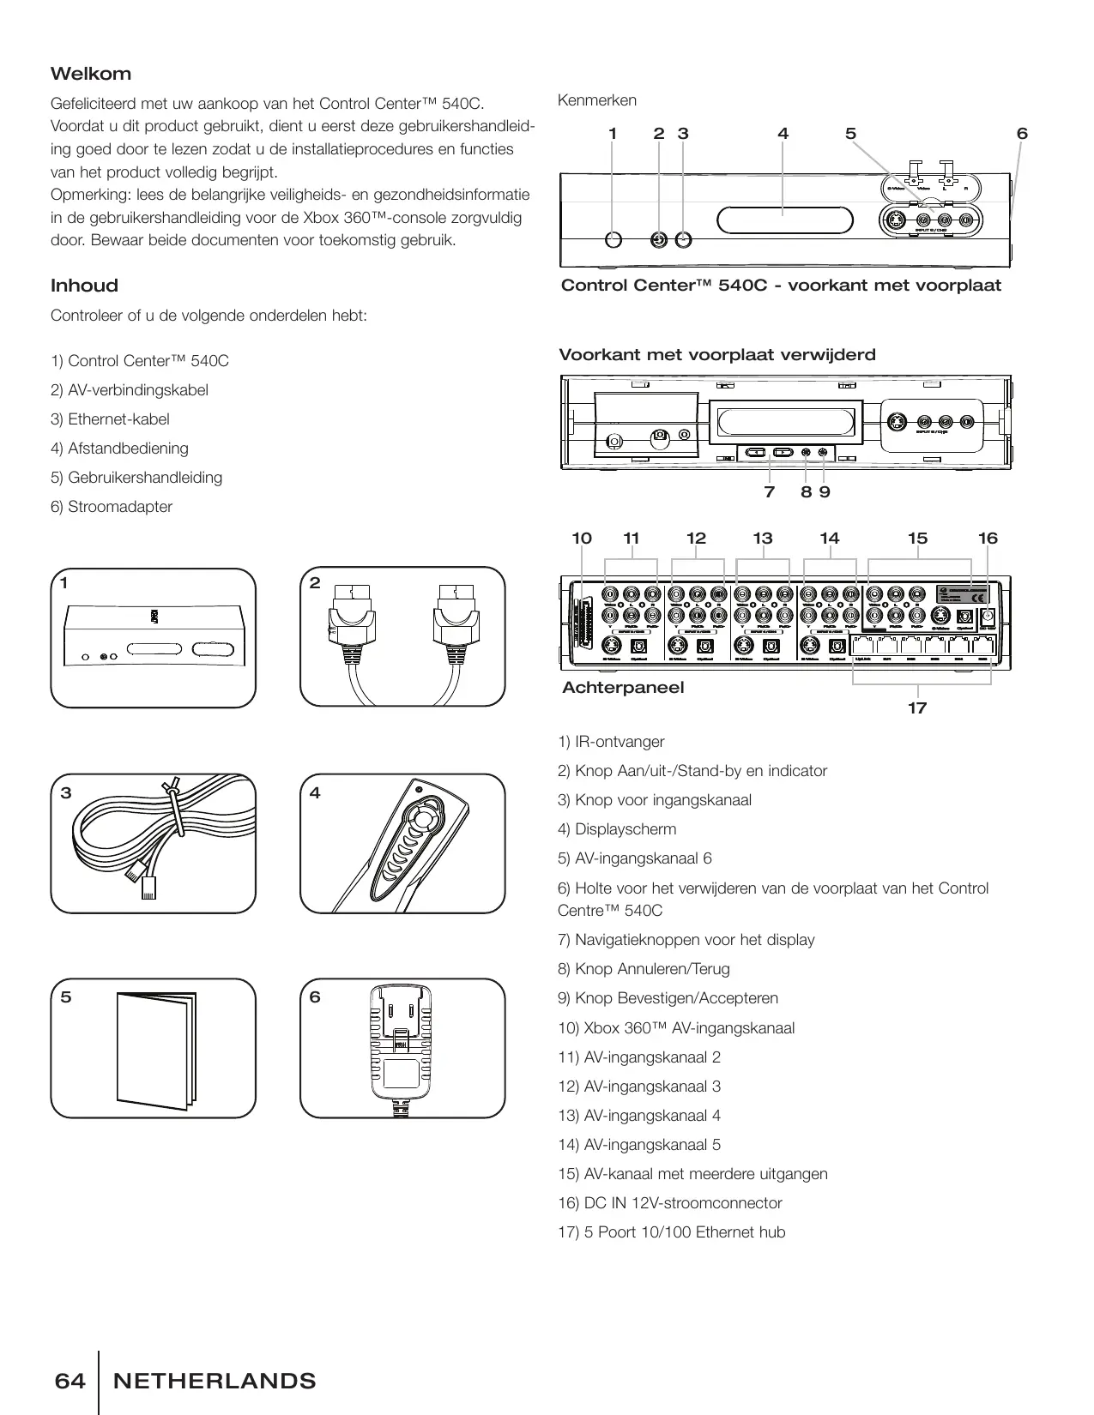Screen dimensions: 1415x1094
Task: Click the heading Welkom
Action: pyautogui.click(x=91, y=74)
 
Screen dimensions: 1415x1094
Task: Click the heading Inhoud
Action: pyautogui.click(x=84, y=286)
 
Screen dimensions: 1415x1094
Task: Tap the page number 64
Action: pyautogui.click(x=70, y=1381)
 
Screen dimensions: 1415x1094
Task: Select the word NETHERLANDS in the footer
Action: pyautogui.click(x=215, y=1381)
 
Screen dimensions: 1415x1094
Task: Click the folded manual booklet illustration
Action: pyautogui.click(x=155, y=1050)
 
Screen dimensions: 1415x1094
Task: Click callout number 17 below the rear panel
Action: pyautogui.click(x=917, y=707)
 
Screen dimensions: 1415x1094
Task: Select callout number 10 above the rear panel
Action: pyautogui.click(x=582, y=539)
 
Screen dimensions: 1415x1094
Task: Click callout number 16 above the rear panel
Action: pyautogui.click(x=988, y=539)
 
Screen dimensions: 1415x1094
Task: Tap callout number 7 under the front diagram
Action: pyautogui.click(x=769, y=492)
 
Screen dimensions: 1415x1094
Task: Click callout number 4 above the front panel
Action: pyautogui.click(x=783, y=134)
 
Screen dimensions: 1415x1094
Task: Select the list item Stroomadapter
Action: pyautogui.click(x=119, y=507)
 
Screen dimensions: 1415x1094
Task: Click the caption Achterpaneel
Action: pyautogui.click(x=623, y=688)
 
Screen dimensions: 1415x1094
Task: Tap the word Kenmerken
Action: pyautogui.click(x=597, y=100)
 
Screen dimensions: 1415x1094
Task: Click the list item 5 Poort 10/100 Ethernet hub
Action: pyautogui.click(x=684, y=1232)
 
